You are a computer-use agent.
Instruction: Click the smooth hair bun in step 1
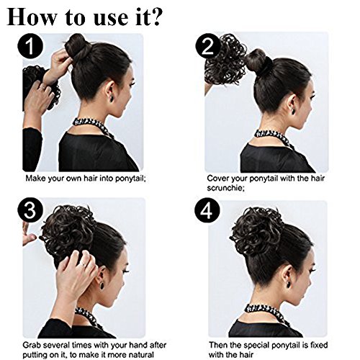[77, 47]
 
